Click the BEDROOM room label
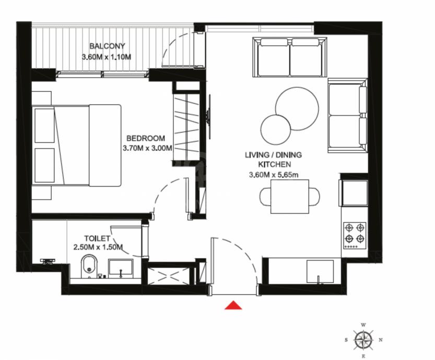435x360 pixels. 146,138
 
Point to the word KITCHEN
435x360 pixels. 274,164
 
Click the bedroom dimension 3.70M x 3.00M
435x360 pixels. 147,148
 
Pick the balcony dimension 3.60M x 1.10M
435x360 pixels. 107,57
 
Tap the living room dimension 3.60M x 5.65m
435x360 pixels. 274,175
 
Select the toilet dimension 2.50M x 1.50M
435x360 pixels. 98,247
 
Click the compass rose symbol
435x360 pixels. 363,340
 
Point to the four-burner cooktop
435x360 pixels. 355,235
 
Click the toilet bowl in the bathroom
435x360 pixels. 89,266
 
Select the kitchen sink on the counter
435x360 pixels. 320,271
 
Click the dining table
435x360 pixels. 290,197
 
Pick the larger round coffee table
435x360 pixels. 297,109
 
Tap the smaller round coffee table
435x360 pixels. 276,130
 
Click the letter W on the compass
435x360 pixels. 363,325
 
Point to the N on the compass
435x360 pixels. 381,340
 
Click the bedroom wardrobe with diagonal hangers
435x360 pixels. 186,127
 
